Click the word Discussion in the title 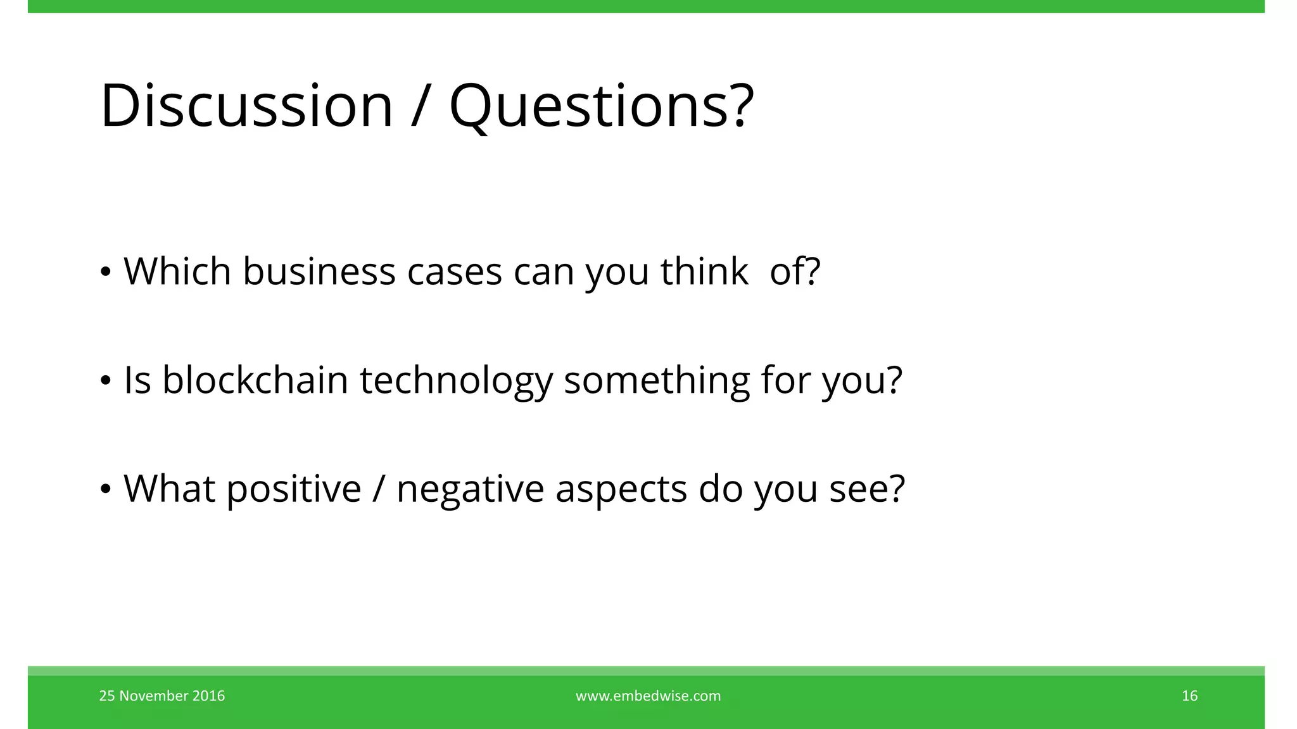click(x=246, y=106)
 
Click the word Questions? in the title click(x=601, y=106)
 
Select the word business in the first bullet click(x=319, y=271)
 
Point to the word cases click(x=454, y=273)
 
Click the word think click(x=704, y=271)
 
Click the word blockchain click(x=255, y=380)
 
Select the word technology click(x=456, y=382)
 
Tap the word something click(x=656, y=382)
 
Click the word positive click(x=293, y=489)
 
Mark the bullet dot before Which click(x=106, y=273)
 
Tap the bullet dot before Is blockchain click(x=106, y=381)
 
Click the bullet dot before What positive click(x=106, y=490)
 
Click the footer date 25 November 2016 click(x=162, y=696)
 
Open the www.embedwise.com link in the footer click(x=648, y=696)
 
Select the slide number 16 click(x=1189, y=696)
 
